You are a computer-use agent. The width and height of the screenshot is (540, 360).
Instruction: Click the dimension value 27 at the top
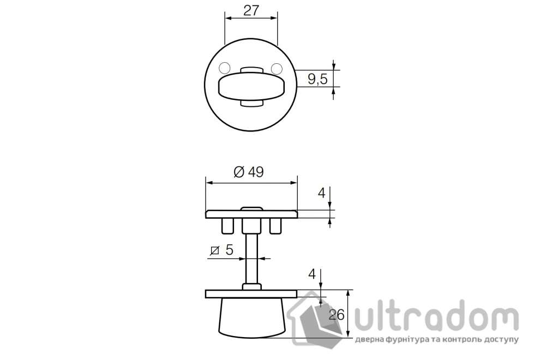tap(251, 10)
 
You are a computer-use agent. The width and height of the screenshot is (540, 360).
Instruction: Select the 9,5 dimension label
tap(317, 79)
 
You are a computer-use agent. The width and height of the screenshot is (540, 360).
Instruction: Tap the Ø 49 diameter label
tap(248, 172)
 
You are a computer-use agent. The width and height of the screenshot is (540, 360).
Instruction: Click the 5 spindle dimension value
tap(229, 250)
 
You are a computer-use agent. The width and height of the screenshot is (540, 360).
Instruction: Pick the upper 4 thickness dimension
tap(322, 193)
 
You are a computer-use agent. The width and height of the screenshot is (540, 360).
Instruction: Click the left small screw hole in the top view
tap(224, 69)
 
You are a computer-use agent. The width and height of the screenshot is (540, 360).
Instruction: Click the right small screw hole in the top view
tap(277, 69)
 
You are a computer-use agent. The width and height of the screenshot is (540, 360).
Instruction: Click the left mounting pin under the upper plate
tap(226, 225)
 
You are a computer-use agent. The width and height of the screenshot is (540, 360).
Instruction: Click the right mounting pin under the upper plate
tap(275, 225)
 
